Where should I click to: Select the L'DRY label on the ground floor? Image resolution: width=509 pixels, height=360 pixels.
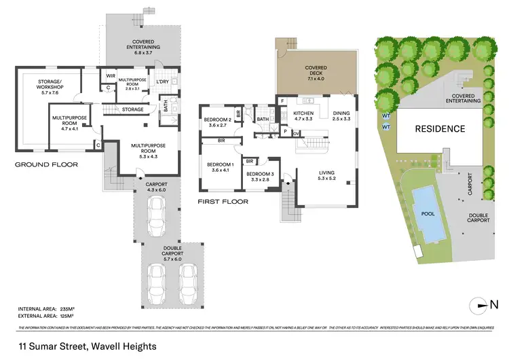(162, 82)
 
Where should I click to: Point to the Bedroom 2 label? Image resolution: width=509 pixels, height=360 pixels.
(218, 123)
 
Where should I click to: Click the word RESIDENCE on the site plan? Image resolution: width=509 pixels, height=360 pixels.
(440, 128)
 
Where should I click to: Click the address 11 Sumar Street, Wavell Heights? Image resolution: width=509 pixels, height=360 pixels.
(88, 346)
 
